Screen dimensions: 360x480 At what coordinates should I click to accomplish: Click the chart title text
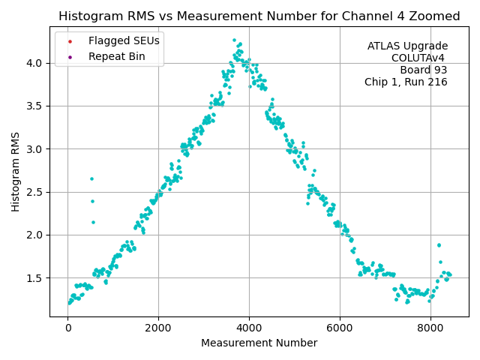pos(259,16)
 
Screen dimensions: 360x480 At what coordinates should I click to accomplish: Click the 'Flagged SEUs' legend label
pos(124,40)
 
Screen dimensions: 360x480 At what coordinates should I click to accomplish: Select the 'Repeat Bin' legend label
pos(116,56)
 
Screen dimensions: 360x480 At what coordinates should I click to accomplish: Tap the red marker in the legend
pos(70,40)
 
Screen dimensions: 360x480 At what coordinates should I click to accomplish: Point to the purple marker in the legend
pos(70,56)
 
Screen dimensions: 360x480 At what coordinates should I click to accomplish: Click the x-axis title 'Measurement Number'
pos(259,343)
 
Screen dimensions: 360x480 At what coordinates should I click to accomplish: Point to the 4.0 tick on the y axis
pos(35,63)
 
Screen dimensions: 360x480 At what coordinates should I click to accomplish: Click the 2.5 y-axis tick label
pos(35,192)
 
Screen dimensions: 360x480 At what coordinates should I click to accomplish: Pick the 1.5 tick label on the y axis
pos(35,278)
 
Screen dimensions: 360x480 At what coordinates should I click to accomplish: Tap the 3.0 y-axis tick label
pos(35,149)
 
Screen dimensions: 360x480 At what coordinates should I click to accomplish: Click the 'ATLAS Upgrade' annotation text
pos(407,46)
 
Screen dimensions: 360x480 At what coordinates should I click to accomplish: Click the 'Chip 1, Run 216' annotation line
pos(406,82)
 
